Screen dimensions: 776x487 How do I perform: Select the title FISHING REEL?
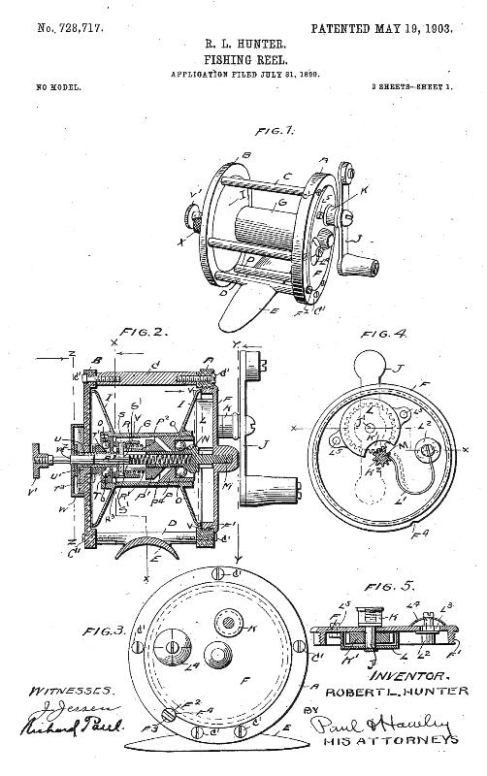243,57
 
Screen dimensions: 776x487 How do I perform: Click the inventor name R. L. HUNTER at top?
243,42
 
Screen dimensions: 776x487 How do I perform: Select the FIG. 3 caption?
102,630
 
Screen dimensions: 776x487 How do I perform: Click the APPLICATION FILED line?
243,74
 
